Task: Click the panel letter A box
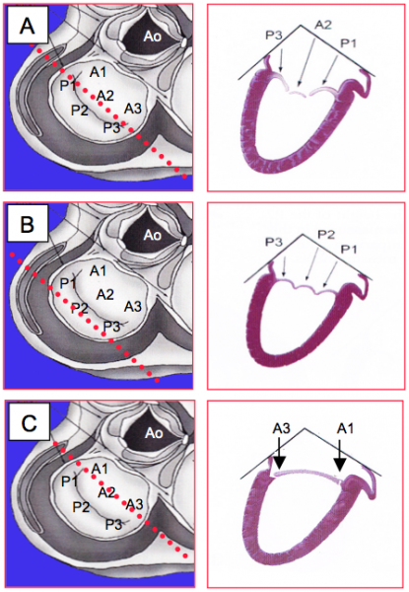[28, 25]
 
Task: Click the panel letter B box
[28, 223]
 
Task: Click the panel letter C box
[29, 421]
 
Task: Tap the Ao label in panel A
[153, 37]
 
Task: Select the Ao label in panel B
[153, 235]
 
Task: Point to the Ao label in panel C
[154, 433]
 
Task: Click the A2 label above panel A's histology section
[323, 25]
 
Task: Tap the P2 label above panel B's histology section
[326, 235]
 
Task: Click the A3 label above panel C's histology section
[282, 429]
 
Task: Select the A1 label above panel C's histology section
[345, 429]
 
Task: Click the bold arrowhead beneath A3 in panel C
[279, 463]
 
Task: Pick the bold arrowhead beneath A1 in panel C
[340, 464]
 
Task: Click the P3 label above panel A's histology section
[274, 35]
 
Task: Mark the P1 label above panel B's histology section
[350, 250]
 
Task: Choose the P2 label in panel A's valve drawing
[80, 111]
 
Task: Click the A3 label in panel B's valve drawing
[133, 306]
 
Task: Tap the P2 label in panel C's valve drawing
[82, 507]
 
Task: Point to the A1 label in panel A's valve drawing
[98, 72]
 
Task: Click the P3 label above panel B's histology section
[274, 242]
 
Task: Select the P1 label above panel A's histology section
[349, 43]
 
